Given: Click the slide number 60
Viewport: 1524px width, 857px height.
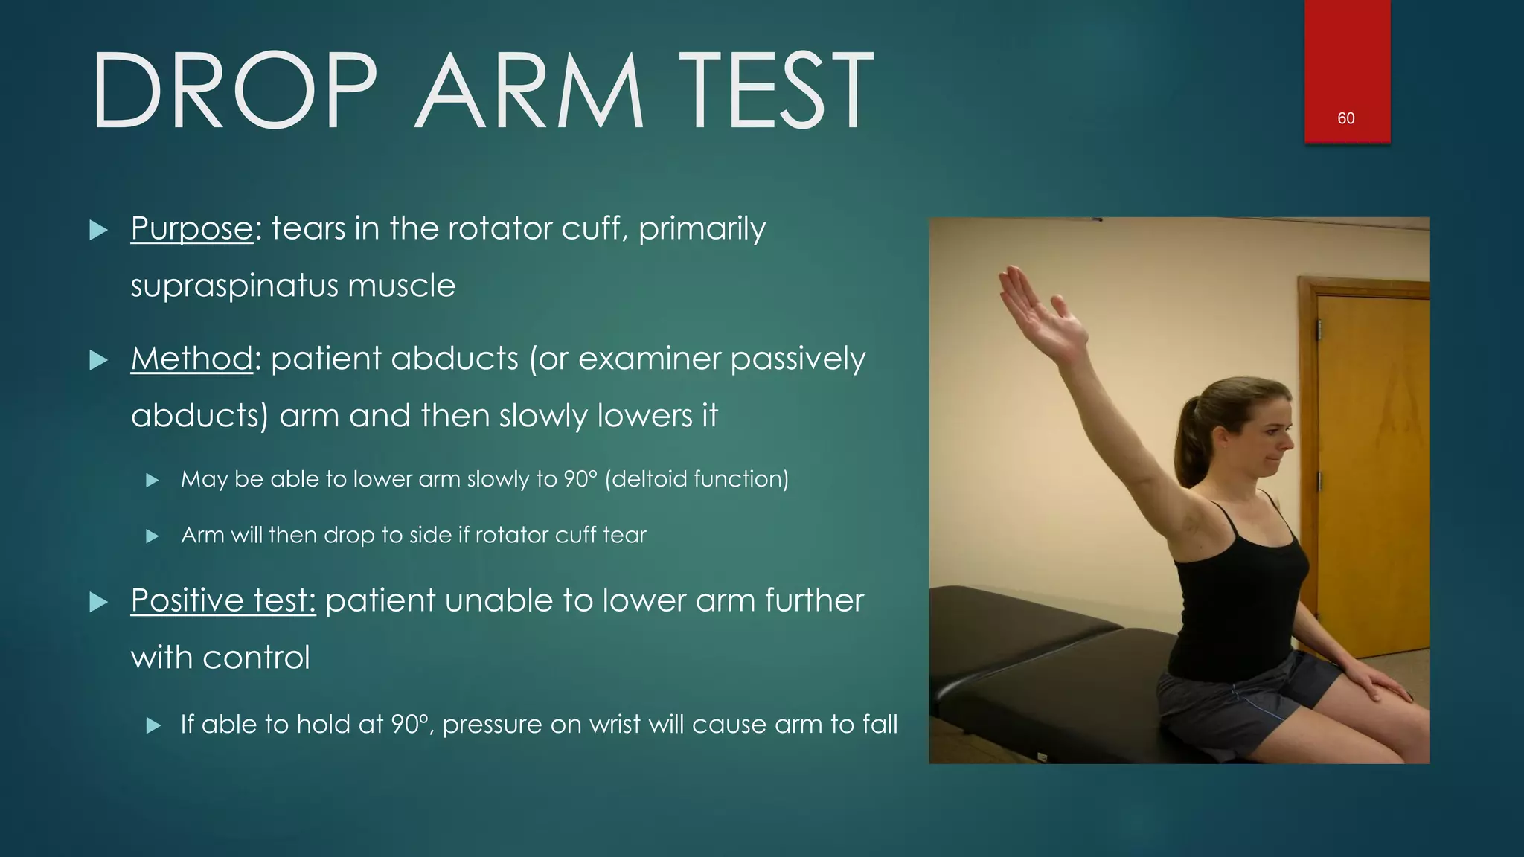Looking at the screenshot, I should [x=1345, y=118].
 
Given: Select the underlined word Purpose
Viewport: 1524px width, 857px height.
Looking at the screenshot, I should [x=192, y=228].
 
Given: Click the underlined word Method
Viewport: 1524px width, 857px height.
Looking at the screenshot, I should [x=192, y=359].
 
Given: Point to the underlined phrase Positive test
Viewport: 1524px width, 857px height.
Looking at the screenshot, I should [x=223, y=600].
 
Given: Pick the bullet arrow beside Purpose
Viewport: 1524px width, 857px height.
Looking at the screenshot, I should [x=98, y=230].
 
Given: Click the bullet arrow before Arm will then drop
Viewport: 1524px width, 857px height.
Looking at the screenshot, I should [x=153, y=536].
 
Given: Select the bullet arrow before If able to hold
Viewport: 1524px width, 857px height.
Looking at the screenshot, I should [x=153, y=725].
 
